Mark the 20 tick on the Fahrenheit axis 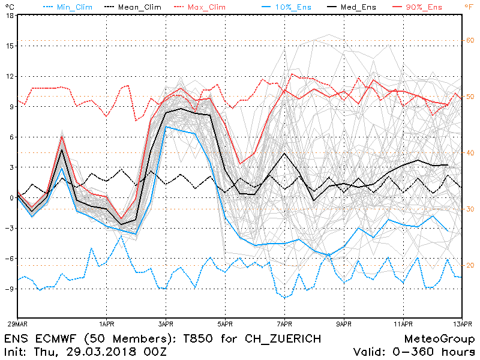470,265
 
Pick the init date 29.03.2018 108,351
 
